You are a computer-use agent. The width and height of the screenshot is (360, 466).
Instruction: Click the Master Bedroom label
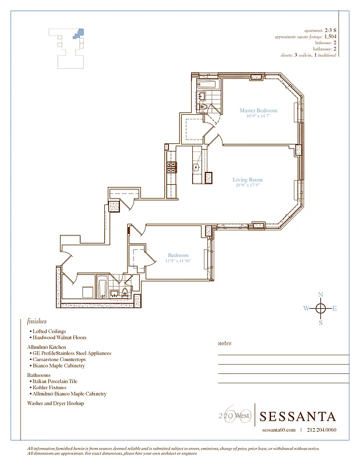point(258,110)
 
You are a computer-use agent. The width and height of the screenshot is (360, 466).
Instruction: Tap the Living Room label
point(248,180)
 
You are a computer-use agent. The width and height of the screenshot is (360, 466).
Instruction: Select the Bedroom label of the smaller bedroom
point(178,255)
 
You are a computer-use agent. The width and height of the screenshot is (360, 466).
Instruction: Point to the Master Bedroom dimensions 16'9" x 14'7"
point(258,116)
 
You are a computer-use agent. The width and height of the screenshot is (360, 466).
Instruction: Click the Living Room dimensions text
point(248,186)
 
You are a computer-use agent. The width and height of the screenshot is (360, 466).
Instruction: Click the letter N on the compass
point(320,295)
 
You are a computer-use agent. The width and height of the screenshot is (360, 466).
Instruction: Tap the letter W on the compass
point(306,309)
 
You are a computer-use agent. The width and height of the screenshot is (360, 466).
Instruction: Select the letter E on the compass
point(334,309)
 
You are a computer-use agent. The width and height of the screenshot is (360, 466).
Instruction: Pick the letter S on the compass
point(320,323)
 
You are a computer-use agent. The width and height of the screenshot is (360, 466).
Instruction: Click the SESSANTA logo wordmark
point(298,416)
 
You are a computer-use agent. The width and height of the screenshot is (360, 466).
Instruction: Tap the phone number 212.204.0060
point(322,430)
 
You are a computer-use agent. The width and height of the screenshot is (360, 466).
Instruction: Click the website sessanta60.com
point(279,430)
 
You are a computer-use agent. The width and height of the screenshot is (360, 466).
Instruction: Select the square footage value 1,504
point(330,37)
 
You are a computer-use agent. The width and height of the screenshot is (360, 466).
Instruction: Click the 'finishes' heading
point(37,321)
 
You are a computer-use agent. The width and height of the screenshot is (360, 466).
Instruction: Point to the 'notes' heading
point(224,343)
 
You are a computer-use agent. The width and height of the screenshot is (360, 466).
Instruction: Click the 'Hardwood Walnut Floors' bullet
point(60,337)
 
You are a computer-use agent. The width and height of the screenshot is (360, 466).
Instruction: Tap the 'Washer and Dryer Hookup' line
point(55,403)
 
